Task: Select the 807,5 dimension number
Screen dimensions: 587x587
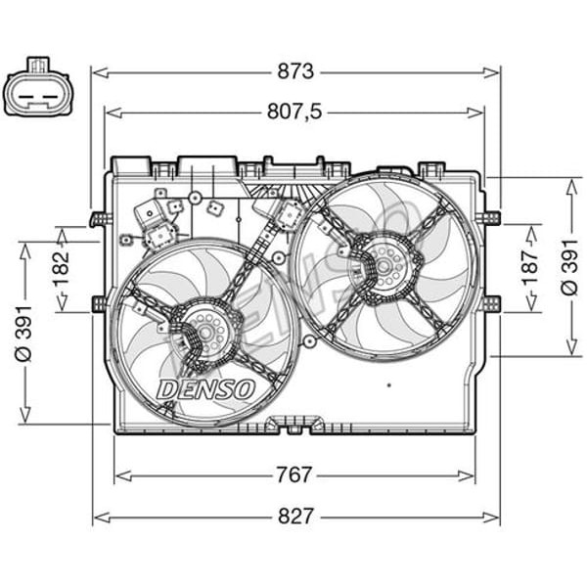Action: tap(294, 112)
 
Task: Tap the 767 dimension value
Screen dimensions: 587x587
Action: tap(294, 475)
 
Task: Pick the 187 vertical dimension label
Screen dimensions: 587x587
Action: tap(530, 268)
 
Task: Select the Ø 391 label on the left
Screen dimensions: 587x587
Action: tap(24, 333)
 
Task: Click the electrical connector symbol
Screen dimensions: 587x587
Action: tap(36, 88)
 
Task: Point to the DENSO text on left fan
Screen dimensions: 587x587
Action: tap(205, 389)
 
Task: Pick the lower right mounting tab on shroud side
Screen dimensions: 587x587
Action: tap(492, 304)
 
